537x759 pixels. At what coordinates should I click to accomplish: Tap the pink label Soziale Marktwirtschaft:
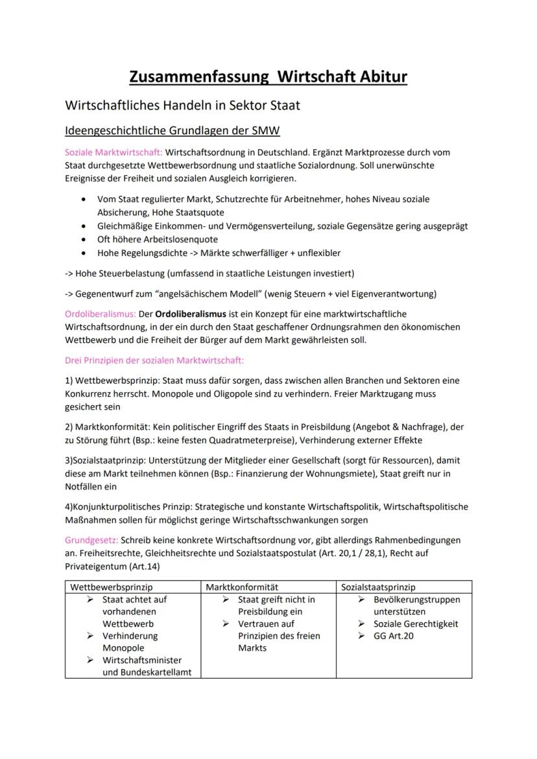coord(114,152)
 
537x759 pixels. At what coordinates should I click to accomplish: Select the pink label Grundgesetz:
coord(91,540)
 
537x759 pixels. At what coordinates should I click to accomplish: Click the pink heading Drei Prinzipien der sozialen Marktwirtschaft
coord(154,360)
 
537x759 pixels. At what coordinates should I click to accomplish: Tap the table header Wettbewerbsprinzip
coord(108,587)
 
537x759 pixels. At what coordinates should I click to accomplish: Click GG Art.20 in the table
coord(394,636)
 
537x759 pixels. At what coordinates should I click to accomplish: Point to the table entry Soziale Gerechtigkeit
coord(416,624)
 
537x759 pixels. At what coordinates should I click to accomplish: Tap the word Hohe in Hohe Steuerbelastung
coord(89,273)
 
